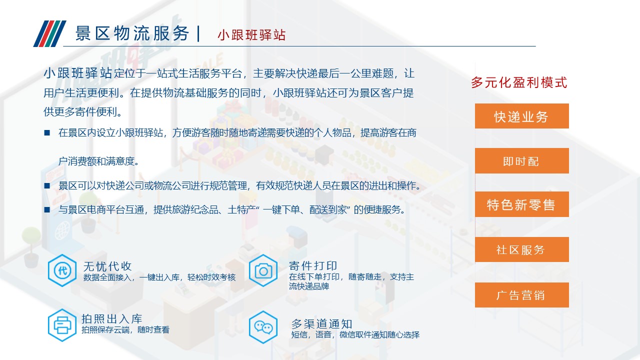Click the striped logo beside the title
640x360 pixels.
tap(49, 33)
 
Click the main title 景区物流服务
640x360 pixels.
tap(132, 33)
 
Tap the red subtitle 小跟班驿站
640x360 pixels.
tap(251, 35)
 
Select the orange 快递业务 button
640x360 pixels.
tap(521, 116)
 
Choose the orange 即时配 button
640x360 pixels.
tap(521, 160)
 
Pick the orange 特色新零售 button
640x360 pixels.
tap(521, 204)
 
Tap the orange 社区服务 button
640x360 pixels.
tap(521, 249)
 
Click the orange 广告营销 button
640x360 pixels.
tap(521, 295)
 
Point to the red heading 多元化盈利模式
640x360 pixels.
tap(519, 82)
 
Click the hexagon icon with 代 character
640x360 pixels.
tap(62, 270)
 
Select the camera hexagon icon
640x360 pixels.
tap(263, 270)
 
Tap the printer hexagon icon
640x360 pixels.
tap(62, 325)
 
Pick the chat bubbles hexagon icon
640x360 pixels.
tap(263, 327)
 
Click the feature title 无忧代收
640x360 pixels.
tap(107, 266)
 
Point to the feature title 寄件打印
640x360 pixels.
tap(313, 265)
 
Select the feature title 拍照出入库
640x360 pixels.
tap(111, 318)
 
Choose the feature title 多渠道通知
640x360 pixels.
tap(321, 324)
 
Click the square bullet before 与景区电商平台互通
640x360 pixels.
tap(47, 210)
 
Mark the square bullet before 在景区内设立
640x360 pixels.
tap(47, 132)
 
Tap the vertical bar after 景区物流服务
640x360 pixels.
tap(198, 33)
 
